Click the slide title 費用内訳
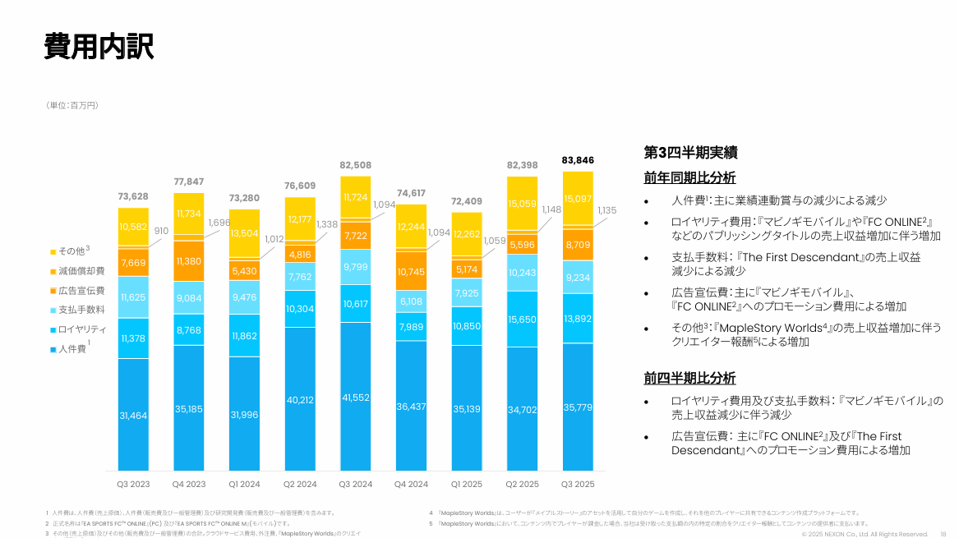[x=99, y=47]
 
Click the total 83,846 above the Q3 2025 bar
[x=578, y=160]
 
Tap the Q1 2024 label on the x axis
[x=245, y=484]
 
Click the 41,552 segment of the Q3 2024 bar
[x=356, y=398]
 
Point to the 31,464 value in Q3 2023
[x=133, y=416]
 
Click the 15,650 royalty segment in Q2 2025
[x=523, y=319]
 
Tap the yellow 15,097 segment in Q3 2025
[x=578, y=199]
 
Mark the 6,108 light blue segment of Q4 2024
[x=411, y=301]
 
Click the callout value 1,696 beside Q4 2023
[x=219, y=223]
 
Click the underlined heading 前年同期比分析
[x=689, y=178]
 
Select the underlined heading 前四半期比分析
[x=689, y=379]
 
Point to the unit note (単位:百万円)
[x=72, y=105]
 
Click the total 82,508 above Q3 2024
[x=356, y=165]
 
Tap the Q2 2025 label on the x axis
[x=523, y=484]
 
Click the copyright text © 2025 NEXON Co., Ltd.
[x=864, y=534]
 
